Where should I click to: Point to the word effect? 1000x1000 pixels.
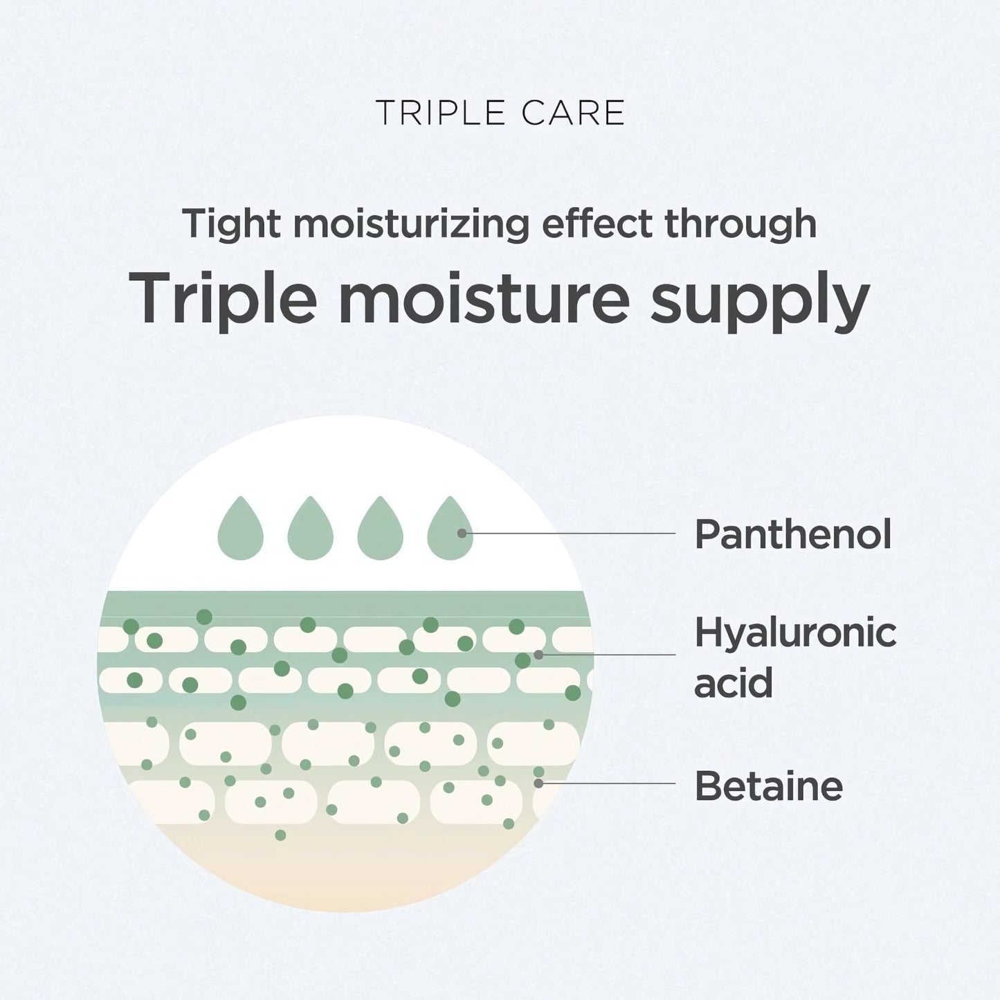(597, 223)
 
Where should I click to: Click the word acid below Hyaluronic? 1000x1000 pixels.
(734, 682)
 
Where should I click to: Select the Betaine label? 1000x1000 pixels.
(769, 785)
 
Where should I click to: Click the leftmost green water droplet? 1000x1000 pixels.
(240, 531)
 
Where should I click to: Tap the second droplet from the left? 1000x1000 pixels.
(310, 531)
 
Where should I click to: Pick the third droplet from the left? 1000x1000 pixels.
(381, 531)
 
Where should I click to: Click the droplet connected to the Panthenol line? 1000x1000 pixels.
(450, 531)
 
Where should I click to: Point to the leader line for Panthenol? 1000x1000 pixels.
(569, 533)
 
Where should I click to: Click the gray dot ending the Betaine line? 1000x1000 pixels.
(538, 783)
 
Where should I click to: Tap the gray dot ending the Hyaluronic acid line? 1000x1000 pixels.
(538, 655)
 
